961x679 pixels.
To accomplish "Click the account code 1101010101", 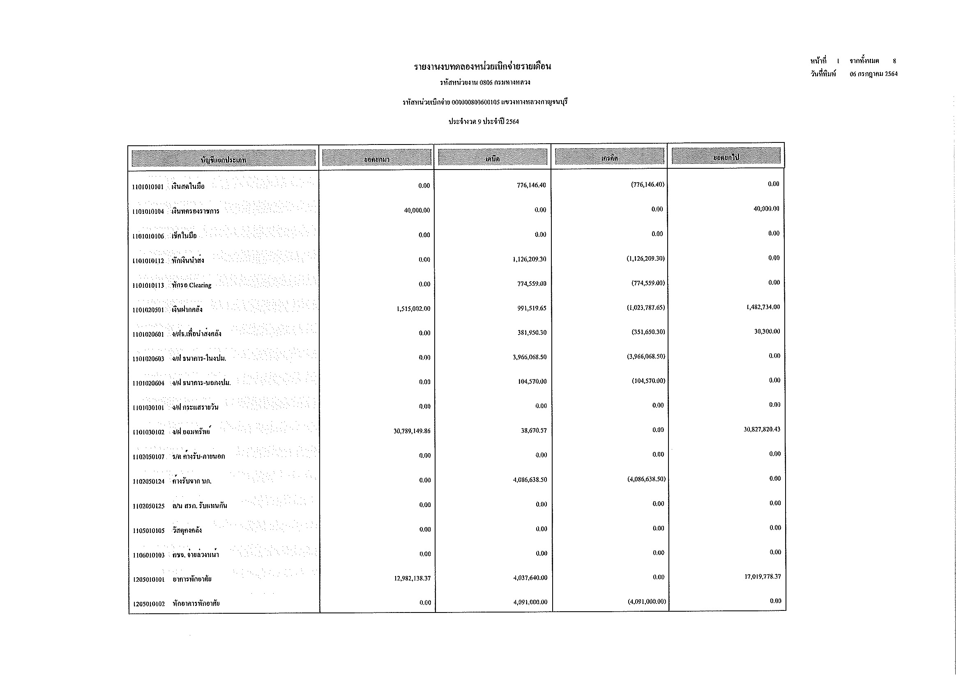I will tap(148, 187).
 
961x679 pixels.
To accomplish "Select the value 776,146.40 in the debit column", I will tap(531, 185).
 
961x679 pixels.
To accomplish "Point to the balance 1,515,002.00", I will tap(413, 309).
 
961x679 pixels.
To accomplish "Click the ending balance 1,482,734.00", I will tap(763, 307).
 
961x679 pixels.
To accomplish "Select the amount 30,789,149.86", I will tap(412, 431).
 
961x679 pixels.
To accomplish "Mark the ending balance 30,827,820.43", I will tap(762, 429).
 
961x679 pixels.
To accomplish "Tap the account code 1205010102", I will tap(149, 604).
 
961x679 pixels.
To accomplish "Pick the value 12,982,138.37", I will tap(412, 579).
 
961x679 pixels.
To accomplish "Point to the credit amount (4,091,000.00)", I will tap(646, 602).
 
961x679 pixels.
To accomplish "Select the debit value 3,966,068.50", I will tap(530, 358).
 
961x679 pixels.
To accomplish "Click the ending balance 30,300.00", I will tap(767, 332).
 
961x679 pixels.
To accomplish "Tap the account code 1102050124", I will tap(149, 482).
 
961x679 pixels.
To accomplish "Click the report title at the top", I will tap(482, 67).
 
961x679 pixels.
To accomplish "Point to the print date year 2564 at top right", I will tap(891, 74).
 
